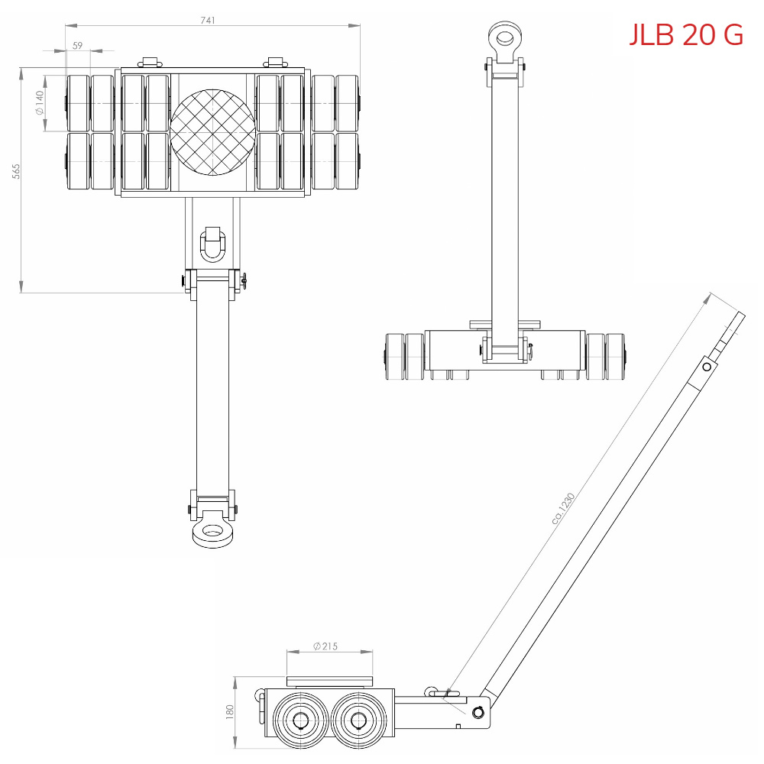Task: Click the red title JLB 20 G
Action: tap(685, 34)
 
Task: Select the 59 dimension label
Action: tap(77, 46)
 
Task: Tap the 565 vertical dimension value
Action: tap(16, 171)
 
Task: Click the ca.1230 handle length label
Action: tap(563, 508)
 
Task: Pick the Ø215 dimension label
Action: tap(325, 646)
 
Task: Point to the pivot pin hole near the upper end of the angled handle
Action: tap(707, 367)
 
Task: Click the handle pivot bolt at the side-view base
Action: tap(478, 712)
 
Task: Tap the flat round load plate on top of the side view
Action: tap(329, 680)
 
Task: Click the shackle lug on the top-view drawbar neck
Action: tap(212, 244)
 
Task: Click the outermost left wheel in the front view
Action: tap(394, 357)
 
